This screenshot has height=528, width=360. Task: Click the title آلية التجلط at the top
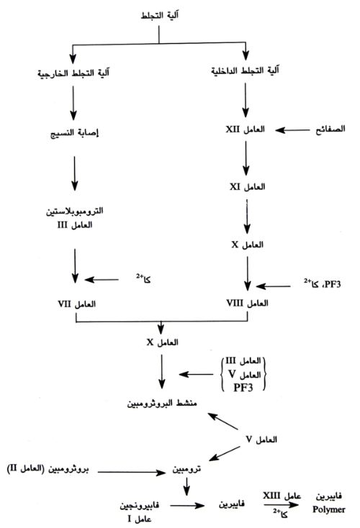[x=159, y=15]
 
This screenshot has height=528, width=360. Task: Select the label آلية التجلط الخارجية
[x=73, y=73]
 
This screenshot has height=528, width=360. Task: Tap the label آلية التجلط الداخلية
[x=245, y=70]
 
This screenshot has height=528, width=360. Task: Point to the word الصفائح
[x=330, y=129]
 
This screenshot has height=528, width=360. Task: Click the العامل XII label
[x=245, y=129]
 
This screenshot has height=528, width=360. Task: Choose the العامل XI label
[x=248, y=186]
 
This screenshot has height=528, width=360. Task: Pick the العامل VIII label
[x=247, y=303]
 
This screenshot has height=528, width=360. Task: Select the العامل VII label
[x=76, y=304]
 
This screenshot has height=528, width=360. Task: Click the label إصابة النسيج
[x=74, y=133]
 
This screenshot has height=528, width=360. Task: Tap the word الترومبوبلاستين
[x=74, y=211]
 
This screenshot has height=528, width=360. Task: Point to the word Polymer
[x=328, y=509]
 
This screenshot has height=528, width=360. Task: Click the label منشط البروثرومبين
[x=162, y=403]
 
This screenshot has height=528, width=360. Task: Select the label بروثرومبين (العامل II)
[x=48, y=469]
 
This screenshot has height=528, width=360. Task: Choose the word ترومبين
[x=186, y=469]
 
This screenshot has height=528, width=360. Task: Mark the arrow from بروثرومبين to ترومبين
[x=132, y=473]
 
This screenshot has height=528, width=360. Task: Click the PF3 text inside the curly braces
[x=243, y=388]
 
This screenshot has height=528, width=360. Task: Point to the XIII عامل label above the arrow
[x=282, y=496]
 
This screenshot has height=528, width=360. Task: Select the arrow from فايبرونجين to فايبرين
[x=187, y=506]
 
